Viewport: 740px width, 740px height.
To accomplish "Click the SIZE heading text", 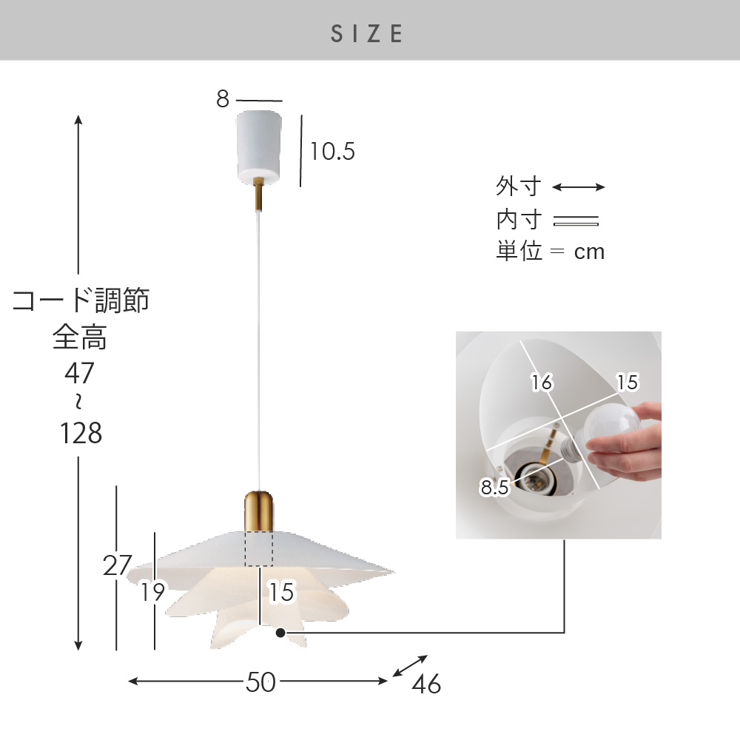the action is pos(367,33).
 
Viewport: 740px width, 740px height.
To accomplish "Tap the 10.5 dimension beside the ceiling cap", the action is pos(332,152).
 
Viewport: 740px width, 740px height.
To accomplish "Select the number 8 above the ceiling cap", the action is pos(223,99).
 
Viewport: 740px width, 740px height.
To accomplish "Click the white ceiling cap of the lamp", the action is pos(258,146).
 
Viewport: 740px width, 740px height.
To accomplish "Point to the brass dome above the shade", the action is pos(258,511).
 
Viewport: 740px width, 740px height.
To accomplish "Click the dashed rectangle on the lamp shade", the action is pos(258,548).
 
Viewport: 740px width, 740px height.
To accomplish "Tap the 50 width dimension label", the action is pos(260,682).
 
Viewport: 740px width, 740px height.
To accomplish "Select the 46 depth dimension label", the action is pos(426,684).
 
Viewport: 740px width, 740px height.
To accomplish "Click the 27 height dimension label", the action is pos(117,565).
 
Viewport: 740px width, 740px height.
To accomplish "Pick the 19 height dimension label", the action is pos(153,592).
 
